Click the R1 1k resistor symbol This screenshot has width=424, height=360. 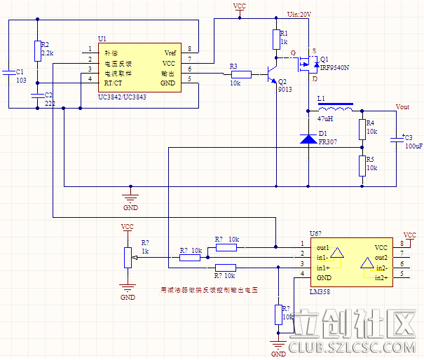click(275, 39)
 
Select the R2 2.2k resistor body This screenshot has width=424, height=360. click(36, 50)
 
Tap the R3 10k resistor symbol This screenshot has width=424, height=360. click(241, 74)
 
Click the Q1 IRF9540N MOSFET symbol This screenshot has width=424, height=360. click(308, 64)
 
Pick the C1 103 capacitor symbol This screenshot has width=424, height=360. click(8, 71)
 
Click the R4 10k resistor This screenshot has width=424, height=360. click(362, 128)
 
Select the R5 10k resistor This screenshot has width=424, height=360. click(362, 165)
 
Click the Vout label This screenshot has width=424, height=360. click(402, 107)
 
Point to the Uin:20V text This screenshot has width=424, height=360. click(299, 14)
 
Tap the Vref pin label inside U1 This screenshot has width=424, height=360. click(170, 53)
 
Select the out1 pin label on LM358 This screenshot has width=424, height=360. click(322, 248)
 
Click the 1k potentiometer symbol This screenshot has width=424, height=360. click(128, 257)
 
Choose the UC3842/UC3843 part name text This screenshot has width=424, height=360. click(123, 97)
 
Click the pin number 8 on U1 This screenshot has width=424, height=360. click(189, 49)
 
